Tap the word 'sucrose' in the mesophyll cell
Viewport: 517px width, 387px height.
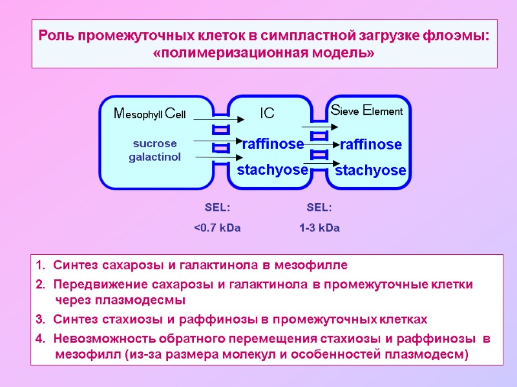coord(154,143)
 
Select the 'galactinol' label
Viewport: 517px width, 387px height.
coord(154,157)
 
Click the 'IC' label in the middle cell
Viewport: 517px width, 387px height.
coord(267,114)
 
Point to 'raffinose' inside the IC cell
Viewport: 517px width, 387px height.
coord(272,144)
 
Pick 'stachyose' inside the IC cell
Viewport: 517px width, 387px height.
coord(272,170)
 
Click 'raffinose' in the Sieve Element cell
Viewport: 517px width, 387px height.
coord(371,144)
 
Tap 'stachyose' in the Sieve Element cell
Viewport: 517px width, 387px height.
coord(370,171)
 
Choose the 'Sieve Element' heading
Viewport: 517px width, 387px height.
coord(366,111)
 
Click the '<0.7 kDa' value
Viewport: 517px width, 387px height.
coord(217,228)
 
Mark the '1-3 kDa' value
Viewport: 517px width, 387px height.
coord(319,228)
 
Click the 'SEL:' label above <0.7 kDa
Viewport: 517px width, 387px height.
coord(217,208)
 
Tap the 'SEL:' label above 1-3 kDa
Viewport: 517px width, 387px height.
coord(319,208)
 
